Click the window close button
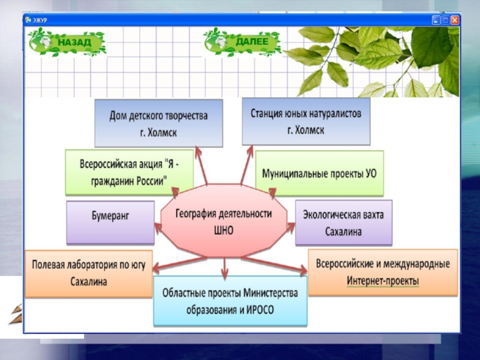pos(455,20)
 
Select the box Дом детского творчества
pos(158,123)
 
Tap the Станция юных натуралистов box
pos(306,121)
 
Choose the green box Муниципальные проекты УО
pos(319,173)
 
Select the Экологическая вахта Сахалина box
pos(343,223)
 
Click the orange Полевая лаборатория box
pos(88,273)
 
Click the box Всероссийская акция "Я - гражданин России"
pos(129,172)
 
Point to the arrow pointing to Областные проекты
pos(224,269)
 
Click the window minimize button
pos(436,20)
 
